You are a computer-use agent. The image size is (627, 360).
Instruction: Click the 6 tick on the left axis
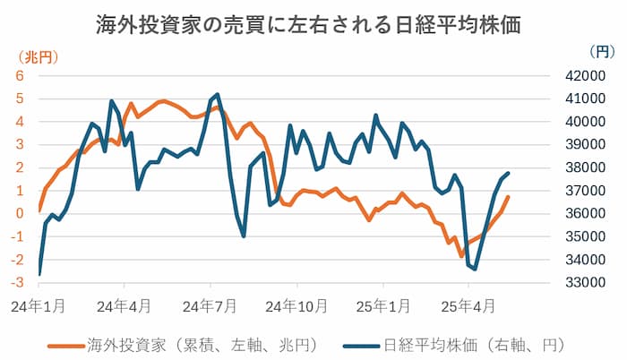point(19,75)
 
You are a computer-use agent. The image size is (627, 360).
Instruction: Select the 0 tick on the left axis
point(19,213)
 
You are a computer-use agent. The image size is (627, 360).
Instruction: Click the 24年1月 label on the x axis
point(39,305)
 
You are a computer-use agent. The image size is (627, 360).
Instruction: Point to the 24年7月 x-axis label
point(212,305)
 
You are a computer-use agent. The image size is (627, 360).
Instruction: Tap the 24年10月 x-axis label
point(297,305)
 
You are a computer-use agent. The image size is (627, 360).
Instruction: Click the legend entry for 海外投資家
point(170,343)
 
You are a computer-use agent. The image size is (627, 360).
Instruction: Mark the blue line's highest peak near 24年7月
point(218,94)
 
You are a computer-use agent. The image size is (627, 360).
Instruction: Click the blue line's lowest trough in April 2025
point(475,269)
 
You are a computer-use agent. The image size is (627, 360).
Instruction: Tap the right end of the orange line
point(509,197)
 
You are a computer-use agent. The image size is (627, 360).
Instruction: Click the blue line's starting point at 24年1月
point(39,274)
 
